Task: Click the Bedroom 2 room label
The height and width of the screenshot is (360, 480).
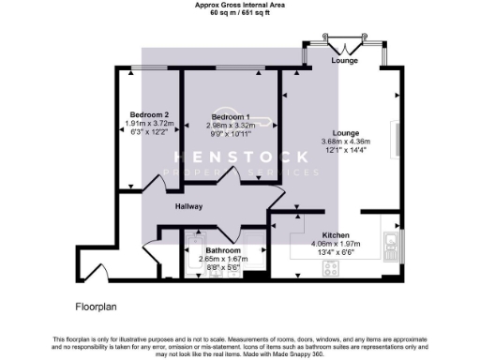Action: (149, 114)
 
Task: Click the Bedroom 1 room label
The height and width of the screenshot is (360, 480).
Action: (230, 116)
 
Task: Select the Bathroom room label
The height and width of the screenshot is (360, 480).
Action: (224, 250)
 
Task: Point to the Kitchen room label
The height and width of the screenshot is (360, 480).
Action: (337, 234)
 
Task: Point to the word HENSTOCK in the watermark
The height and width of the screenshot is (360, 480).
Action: (240, 157)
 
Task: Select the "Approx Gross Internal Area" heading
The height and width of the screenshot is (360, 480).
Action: (240, 5)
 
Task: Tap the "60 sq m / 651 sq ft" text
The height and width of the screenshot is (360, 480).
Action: (240, 13)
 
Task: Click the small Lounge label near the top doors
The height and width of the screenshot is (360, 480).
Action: (344, 61)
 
